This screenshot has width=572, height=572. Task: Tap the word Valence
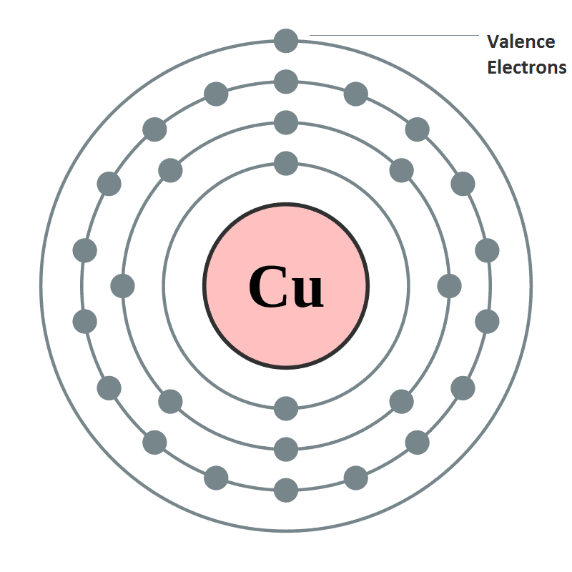(521, 41)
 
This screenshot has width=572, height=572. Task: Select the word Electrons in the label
(527, 67)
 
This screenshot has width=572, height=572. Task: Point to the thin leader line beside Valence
(394, 35)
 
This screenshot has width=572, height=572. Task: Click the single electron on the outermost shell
(286, 41)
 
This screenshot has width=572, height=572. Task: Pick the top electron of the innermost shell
(286, 164)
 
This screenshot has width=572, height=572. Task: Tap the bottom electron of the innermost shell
(286, 408)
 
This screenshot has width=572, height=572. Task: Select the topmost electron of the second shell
(286, 122)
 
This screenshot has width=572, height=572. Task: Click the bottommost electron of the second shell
(286, 449)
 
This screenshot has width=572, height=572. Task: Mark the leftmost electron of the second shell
(122, 286)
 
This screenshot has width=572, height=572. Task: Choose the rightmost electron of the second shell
(450, 286)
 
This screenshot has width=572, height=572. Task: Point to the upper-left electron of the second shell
(170, 170)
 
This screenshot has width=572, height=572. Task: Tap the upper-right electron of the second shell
(402, 170)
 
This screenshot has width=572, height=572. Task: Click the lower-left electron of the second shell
(170, 402)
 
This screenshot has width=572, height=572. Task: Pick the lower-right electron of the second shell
(402, 402)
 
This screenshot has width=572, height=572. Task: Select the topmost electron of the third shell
(286, 82)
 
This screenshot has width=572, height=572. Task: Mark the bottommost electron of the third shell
(286, 490)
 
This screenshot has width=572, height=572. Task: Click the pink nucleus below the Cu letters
(286, 335)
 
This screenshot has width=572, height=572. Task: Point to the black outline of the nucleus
(286, 204)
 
